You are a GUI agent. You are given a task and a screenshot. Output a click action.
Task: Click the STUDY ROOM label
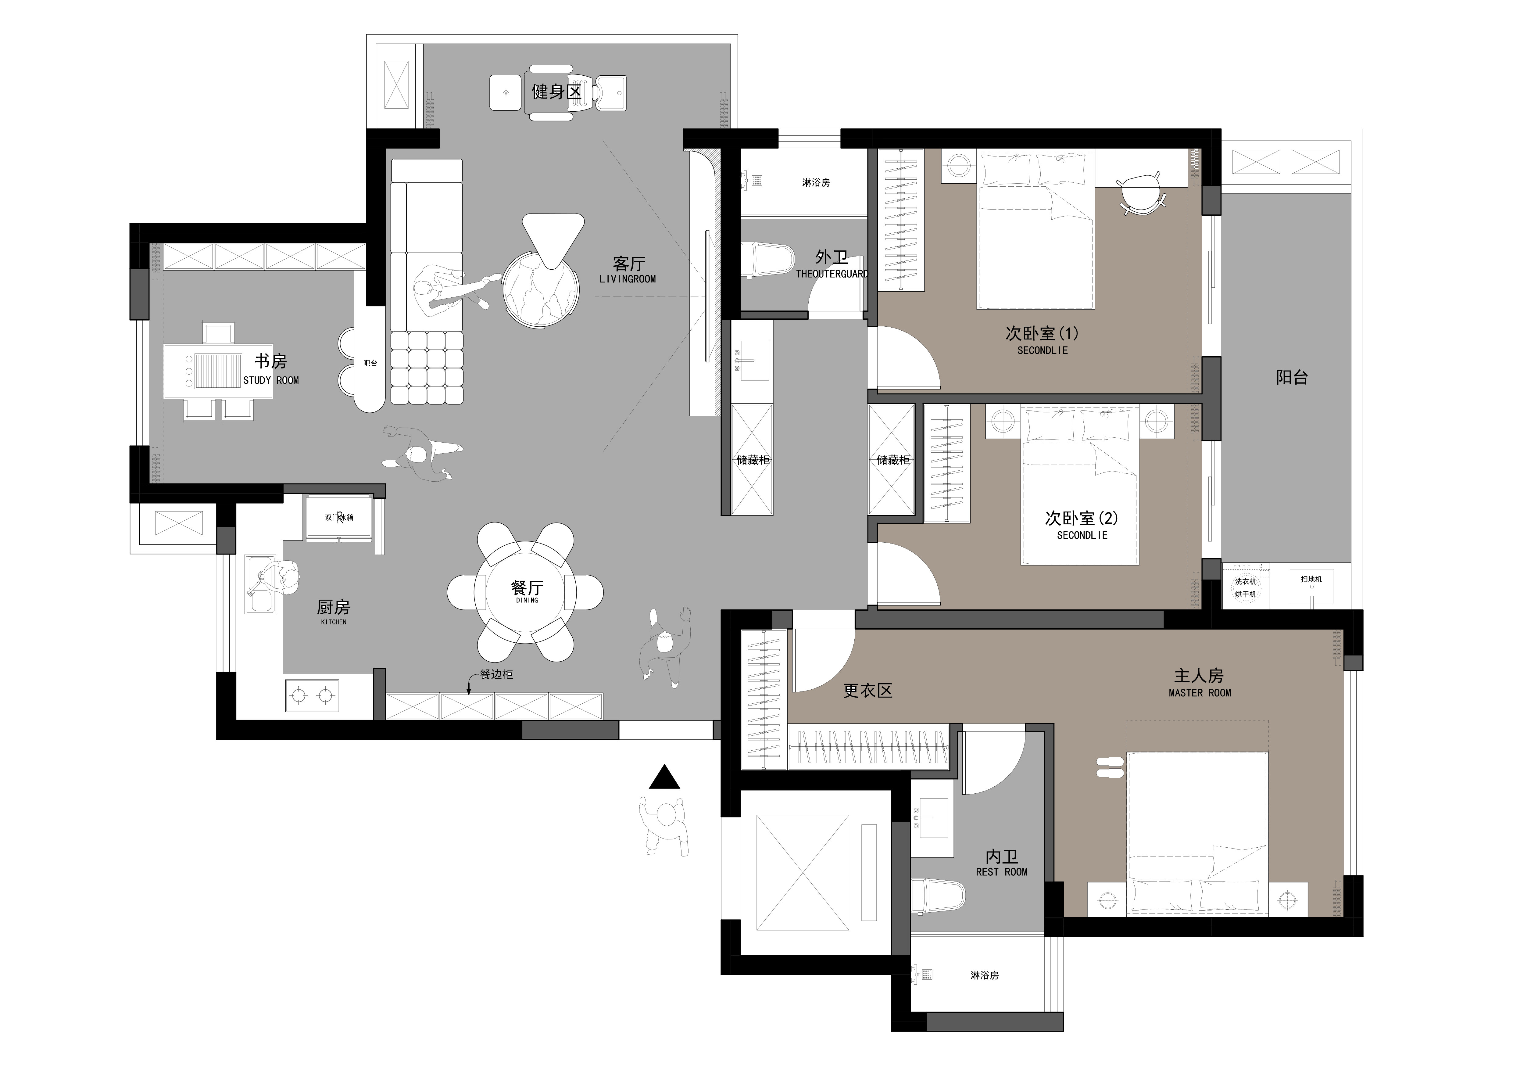coord(271,380)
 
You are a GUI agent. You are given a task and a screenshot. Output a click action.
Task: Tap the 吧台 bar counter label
coord(370,363)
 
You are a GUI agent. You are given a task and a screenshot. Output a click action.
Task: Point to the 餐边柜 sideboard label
coord(496,674)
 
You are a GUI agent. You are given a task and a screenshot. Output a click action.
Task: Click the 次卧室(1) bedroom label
coord(1042,334)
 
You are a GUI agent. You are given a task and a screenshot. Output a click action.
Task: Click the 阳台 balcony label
coord(1292,378)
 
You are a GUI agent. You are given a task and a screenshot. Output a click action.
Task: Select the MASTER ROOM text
coord(1199,693)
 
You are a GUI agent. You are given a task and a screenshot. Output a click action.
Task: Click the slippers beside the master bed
coord(1111,767)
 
